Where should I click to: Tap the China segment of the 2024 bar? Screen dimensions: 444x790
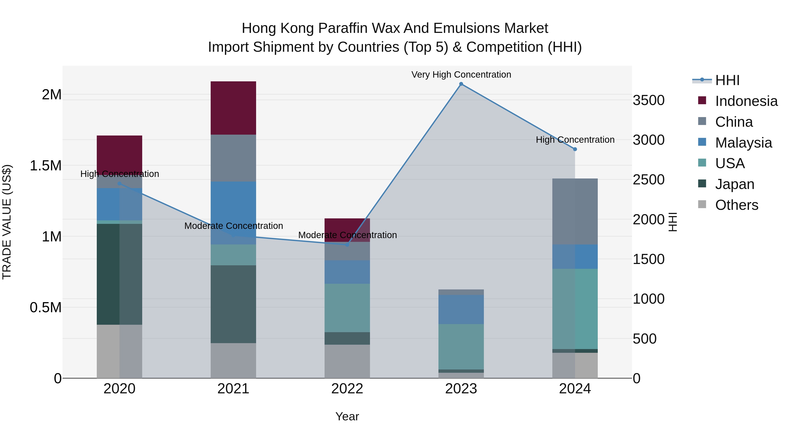click(575, 211)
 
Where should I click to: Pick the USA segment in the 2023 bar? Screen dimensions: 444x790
click(461, 347)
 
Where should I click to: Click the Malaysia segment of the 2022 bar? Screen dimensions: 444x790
click(347, 272)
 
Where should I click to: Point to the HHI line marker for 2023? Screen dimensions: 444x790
click(461, 84)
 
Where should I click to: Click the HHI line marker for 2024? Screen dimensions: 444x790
click(575, 149)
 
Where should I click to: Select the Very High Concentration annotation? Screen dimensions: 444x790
click(461, 75)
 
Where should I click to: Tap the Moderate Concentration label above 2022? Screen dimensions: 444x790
click(347, 235)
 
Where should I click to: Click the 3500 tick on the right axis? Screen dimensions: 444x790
click(648, 100)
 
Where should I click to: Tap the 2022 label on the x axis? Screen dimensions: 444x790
click(347, 389)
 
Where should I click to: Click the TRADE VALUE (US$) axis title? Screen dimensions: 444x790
click(7, 222)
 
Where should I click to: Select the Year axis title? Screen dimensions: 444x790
click(347, 416)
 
